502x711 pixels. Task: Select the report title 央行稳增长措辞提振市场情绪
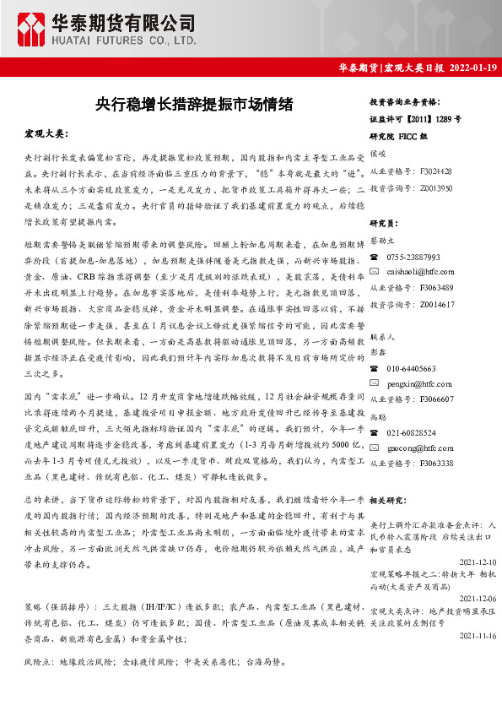pos(194,105)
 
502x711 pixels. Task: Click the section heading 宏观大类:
pos(46,134)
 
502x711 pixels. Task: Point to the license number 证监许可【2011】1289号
pos(416,119)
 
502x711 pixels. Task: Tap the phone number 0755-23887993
pos(413,257)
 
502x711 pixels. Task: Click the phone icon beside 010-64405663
pos(375,369)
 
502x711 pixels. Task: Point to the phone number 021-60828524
pos(412,433)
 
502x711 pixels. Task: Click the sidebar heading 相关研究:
pos(390,500)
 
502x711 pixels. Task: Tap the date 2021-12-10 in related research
pos(478,561)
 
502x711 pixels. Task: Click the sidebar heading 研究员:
pos(384,223)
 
